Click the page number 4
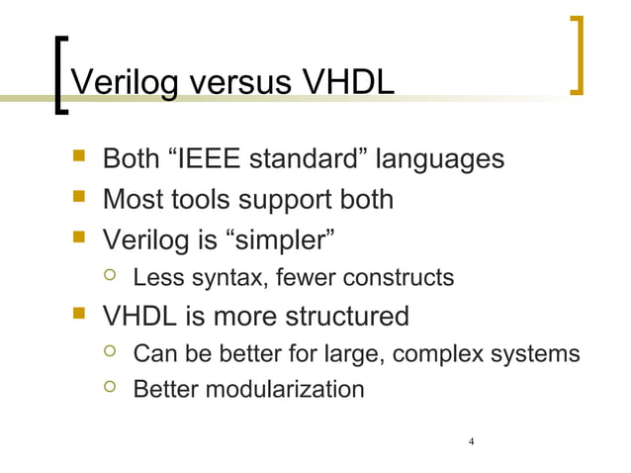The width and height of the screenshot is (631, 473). (473, 440)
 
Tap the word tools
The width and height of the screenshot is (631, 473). (209, 199)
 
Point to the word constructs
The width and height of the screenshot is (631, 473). (401, 277)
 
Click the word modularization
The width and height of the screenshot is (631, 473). (282, 389)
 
